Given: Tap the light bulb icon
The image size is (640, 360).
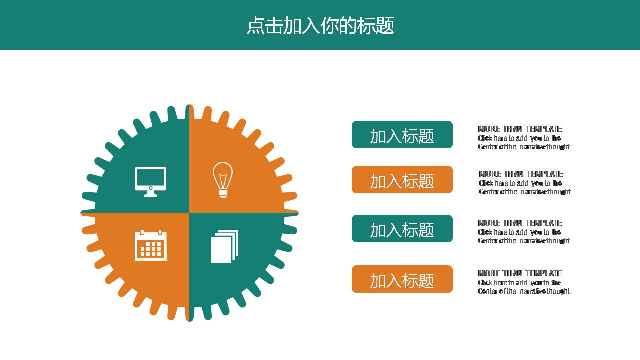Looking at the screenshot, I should click(x=222, y=179).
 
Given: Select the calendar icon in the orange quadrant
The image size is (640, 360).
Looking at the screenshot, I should click(x=151, y=245).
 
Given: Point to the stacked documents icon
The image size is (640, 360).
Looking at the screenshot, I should click(x=224, y=246).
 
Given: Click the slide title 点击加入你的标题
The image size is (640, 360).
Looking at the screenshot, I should click(x=320, y=26).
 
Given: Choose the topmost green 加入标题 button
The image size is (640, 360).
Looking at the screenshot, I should click(x=402, y=135).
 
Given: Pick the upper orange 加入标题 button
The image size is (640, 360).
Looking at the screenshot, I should click(x=402, y=180).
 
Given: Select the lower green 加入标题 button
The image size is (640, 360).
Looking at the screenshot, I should click(x=402, y=229).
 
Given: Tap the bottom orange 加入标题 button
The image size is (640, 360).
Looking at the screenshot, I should click(x=402, y=279).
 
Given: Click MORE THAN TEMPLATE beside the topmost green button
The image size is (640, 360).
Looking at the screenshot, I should click(x=520, y=129).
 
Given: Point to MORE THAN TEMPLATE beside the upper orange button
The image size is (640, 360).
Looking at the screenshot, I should click(x=521, y=174).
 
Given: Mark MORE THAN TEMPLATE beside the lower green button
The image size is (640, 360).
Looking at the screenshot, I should click(x=520, y=223).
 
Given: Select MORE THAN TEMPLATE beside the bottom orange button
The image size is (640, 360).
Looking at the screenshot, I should click(x=520, y=273).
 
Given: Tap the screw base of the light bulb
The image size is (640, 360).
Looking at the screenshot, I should click(x=223, y=193).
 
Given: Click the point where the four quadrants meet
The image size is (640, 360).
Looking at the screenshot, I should click(x=189, y=213).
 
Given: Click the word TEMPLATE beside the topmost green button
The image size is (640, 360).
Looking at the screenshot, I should click(x=544, y=129).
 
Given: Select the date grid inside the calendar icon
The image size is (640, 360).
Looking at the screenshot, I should click(x=151, y=248).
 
